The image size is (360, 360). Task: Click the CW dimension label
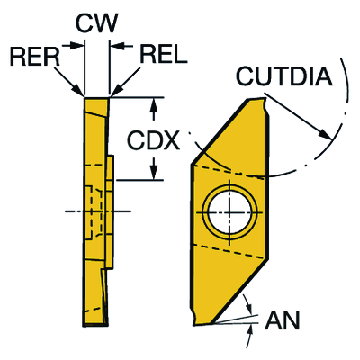pos(96,23)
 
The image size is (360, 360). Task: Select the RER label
pos(35,57)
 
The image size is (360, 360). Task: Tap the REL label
pos(164,54)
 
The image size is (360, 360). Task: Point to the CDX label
pos(154,140)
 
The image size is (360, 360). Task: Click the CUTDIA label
pos(284,76)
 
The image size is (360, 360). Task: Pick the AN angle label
pos(283,319)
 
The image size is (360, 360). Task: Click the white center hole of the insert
pos(229,212)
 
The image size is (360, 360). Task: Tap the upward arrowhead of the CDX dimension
pos(154,105)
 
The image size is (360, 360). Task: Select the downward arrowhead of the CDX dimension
pos(154,172)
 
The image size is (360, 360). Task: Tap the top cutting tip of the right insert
pos(265,99)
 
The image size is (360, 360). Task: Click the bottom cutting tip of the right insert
pos(195,324)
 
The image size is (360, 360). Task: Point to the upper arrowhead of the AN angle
pos(248,308)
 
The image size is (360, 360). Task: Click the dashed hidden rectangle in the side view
pos(94,213)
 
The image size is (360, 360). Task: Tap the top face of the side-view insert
pos(96,98)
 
